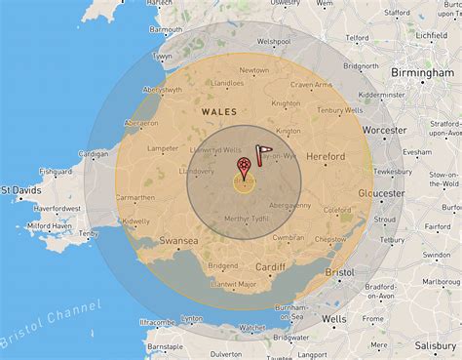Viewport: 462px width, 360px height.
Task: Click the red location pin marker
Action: point(243,168)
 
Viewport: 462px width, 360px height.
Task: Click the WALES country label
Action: point(218,112)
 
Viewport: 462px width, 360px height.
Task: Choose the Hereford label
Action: point(325,156)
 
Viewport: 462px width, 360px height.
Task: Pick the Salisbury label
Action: point(430,345)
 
